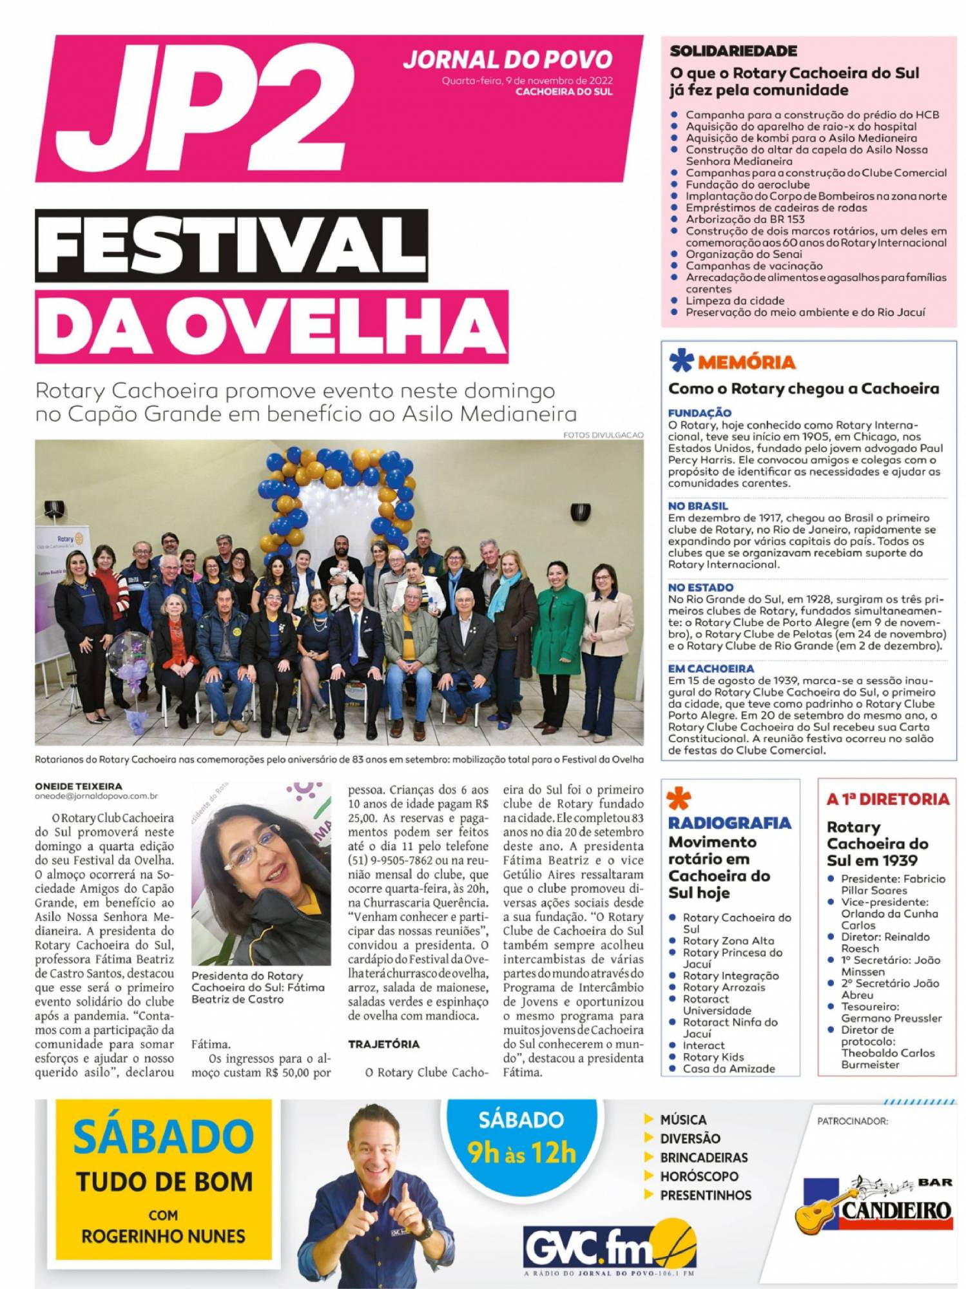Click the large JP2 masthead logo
point(206,106)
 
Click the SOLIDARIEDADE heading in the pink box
point(733,51)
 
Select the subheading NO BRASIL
point(698,506)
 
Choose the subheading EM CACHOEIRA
point(711,668)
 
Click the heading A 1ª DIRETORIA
point(888,799)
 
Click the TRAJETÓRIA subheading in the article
point(383,1044)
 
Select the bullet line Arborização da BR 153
point(736,219)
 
